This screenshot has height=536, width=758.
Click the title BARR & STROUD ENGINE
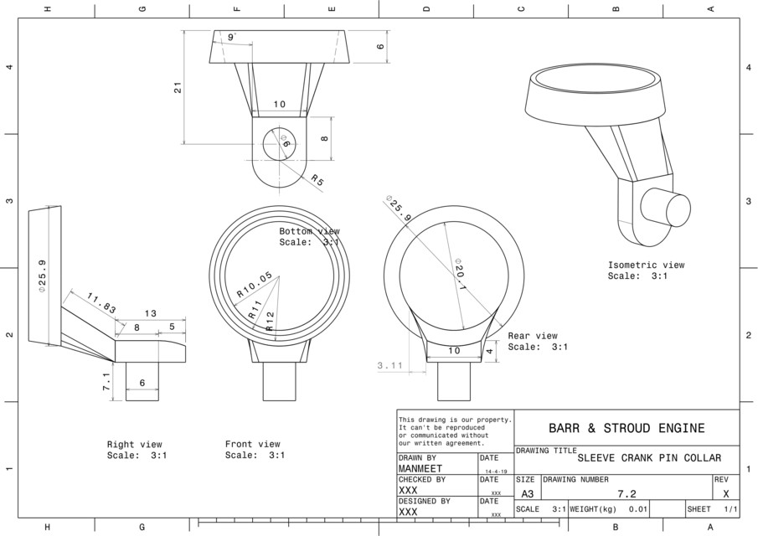(x=626, y=428)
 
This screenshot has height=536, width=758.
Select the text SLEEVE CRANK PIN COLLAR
(x=649, y=458)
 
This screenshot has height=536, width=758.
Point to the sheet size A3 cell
(x=527, y=494)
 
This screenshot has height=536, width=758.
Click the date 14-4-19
(x=495, y=472)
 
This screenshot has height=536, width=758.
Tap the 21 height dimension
(x=178, y=87)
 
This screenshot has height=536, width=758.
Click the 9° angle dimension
(x=231, y=37)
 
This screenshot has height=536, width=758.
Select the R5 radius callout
(x=317, y=179)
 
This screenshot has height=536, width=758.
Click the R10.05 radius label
(x=254, y=285)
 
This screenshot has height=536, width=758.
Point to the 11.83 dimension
(x=101, y=302)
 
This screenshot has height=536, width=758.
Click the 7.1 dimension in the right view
(x=107, y=382)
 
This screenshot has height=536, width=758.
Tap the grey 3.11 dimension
(x=390, y=366)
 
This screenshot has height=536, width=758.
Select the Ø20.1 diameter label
(x=461, y=272)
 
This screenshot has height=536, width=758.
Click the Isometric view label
(x=646, y=265)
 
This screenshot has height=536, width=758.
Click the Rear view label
(x=532, y=336)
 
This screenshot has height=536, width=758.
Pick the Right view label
(x=134, y=445)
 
